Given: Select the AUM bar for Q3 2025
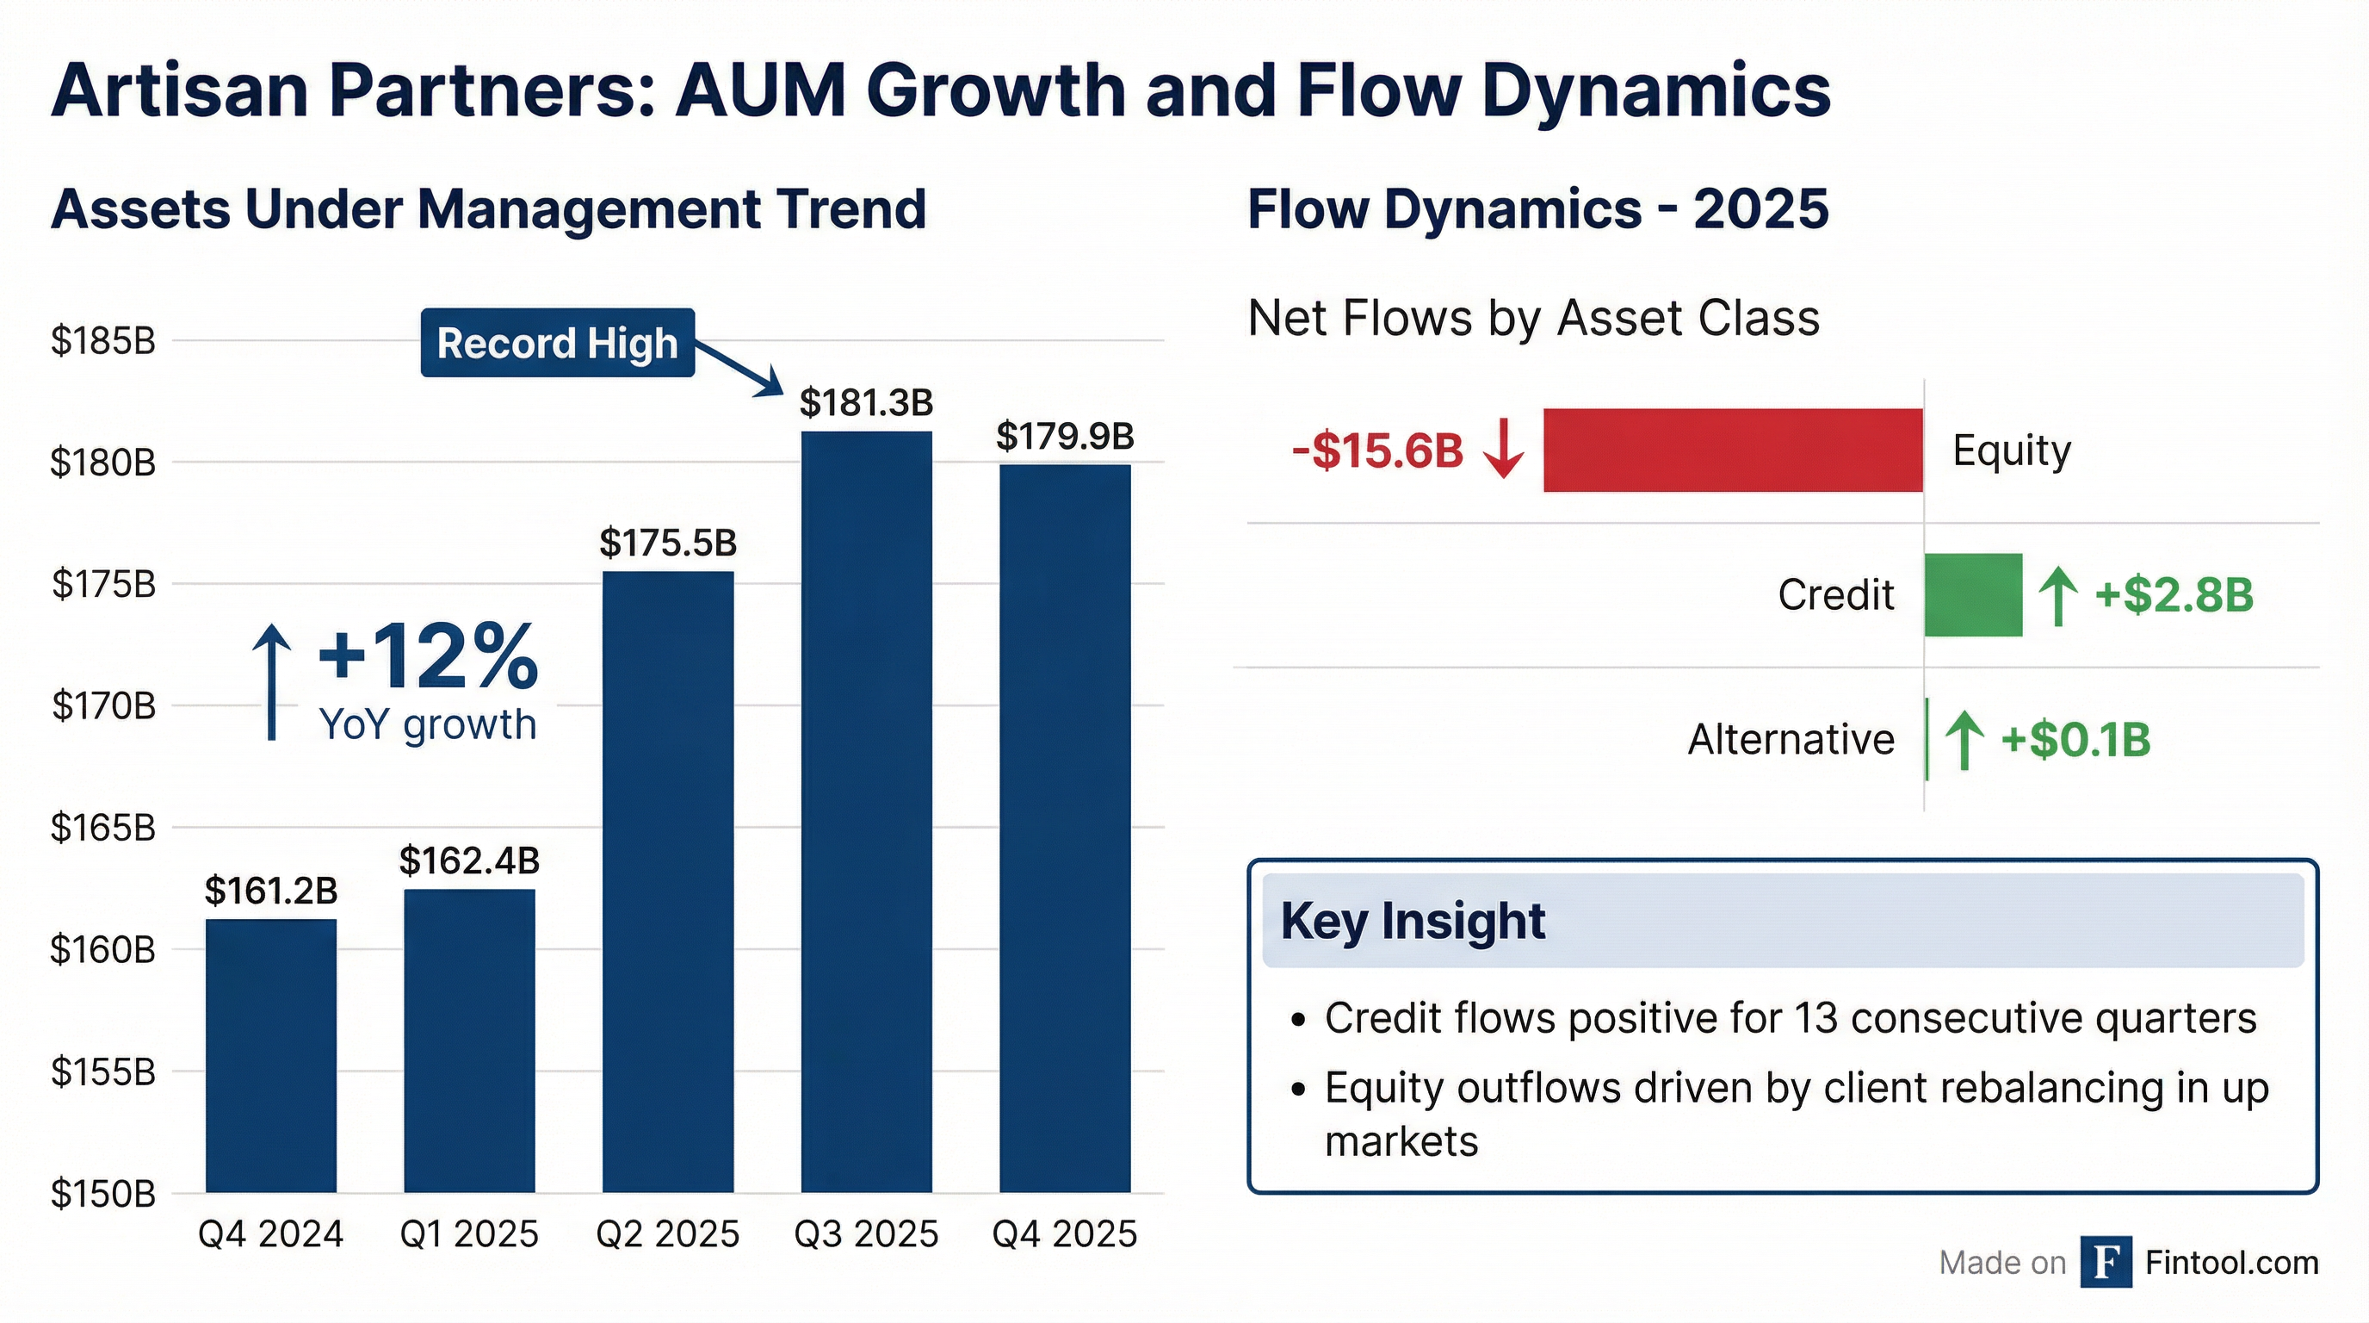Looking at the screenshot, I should click(866, 810).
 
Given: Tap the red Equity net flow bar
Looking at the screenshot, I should click(1733, 450).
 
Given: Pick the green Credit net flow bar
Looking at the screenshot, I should click(1973, 594).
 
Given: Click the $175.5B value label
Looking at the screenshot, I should click(668, 543).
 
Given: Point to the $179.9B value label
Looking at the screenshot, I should click(1065, 436).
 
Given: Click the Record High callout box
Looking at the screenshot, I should click(557, 343).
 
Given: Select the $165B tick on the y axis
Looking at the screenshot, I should click(103, 828).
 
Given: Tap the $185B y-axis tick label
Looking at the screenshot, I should click(103, 341).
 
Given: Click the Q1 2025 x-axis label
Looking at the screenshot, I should click(469, 1233).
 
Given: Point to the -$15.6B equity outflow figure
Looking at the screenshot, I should click(1376, 451).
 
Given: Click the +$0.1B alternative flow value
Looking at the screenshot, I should click(2075, 740).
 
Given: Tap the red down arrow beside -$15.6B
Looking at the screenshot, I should click(1504, 449).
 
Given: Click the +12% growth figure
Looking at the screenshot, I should click(428, 656).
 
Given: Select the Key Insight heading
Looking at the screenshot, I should click(1413, 920).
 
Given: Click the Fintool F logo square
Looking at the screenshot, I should click(2106, 1263).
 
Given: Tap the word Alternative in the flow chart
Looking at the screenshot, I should click(1791, 740).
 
